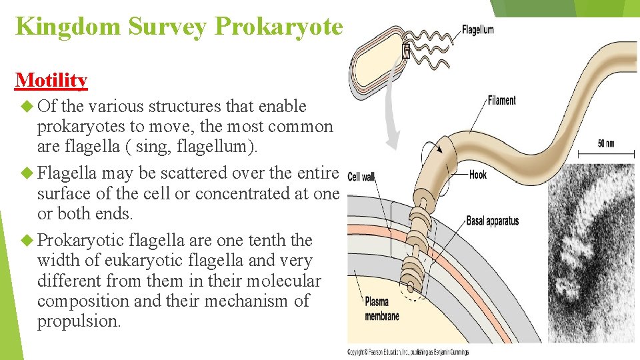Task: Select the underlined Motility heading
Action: (x=51, y=80)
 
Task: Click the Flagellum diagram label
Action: (x=478, y=29)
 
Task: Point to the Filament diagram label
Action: (x=501, y=100)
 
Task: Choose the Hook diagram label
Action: (x=478, y=175)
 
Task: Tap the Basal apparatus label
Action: (x=492, y=221)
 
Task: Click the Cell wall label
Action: (x=361, y=177)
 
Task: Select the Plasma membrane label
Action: (x=382, y=309)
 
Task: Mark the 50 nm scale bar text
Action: (x=605, y=144)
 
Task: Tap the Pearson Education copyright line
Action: (x=408, y=351)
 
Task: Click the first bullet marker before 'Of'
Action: (x=27, y=106)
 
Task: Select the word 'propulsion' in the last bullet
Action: (x=78, y=321)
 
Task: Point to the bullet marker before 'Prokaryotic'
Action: (x=27, y=240)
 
